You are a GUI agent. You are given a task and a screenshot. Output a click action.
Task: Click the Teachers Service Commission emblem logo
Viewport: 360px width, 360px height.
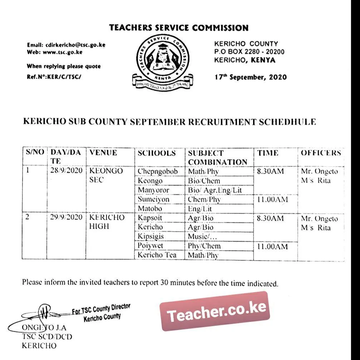(162, 61)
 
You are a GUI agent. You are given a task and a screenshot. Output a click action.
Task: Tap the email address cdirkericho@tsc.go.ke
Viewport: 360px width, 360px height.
(75, 45)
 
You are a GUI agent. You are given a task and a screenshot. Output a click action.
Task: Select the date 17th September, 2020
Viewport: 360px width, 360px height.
(250, 77)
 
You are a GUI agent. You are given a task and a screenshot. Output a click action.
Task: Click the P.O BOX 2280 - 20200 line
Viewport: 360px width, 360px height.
(249, 52)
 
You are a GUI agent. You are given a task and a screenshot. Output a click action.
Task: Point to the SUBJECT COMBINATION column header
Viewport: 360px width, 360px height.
(217, 157)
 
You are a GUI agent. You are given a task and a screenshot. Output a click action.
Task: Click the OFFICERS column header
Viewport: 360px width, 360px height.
(321, 153)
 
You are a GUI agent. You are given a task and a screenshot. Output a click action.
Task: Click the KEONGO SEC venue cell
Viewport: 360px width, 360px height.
(106, 175)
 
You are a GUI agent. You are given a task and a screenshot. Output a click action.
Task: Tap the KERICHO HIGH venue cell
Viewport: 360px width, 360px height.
(107, 222)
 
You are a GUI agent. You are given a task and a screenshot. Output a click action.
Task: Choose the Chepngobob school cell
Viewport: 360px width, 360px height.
(158, 171)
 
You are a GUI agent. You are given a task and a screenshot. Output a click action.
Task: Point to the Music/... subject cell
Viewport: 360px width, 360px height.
(202, 236)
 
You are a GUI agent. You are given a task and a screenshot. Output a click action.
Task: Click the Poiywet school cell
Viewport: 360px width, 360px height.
(150, 246)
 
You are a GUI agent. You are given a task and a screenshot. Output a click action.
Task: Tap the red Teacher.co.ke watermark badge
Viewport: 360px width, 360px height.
(214, 311)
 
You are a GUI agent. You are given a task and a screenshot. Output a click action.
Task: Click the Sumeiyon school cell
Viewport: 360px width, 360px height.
(153, 199)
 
